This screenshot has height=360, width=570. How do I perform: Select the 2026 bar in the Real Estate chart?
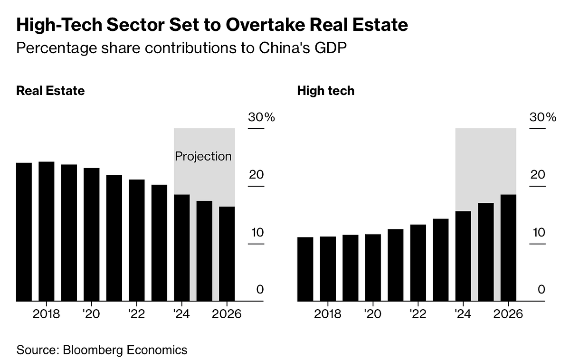227,254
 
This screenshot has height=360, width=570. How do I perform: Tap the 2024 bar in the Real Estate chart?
181,247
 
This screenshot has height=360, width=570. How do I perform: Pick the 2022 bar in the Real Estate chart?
137,240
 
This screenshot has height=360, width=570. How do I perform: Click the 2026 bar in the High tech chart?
508,247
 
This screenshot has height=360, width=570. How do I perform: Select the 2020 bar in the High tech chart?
373,267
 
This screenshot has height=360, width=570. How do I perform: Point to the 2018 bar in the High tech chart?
328,268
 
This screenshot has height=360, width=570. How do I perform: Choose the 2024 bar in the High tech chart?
463,256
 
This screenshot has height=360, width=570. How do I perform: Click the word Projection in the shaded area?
203,156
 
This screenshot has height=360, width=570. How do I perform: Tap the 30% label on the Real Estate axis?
261,117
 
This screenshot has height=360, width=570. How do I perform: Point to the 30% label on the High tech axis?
542,117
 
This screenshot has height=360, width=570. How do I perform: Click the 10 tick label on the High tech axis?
538,233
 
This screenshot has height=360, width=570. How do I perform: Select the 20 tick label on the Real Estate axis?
256,175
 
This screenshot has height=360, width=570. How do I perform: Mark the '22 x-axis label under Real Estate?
136,314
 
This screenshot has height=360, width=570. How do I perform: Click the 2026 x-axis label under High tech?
508,314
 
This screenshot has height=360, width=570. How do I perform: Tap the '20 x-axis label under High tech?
372,314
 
